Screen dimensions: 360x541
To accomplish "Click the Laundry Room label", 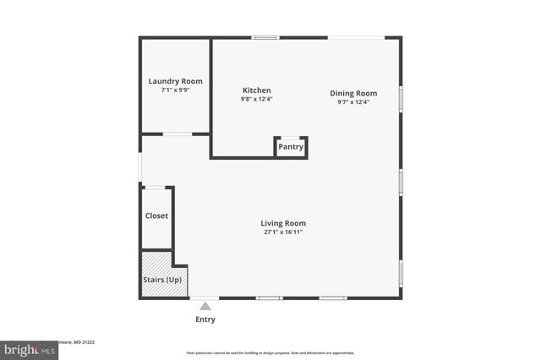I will [x=175, y=81].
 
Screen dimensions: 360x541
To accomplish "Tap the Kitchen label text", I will [x=256, y=90].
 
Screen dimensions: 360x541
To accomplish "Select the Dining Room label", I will [x=352, y=93].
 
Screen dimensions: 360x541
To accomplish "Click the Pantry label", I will [x=291, y=147].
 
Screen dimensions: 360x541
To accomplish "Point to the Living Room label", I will [x=282, y=223].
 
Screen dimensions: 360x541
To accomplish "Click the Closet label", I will [x=156, y=215].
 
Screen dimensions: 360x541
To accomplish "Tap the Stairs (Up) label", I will [x=163, y=279].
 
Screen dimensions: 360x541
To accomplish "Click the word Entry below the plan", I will [x=205, y=319].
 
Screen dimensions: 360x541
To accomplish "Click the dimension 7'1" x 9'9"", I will [x=175, y=90].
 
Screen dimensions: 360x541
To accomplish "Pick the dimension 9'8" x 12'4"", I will [x=256, y=99].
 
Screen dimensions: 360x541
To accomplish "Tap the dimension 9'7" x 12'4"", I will [x=352, y=101].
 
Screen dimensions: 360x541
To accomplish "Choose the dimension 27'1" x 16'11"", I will [x=282, y=232].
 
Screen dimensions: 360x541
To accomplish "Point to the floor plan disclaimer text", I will [x=270, y=353].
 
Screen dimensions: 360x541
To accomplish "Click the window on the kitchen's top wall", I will [x=265, y=37].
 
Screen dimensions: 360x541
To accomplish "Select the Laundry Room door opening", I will [x=177, y=134].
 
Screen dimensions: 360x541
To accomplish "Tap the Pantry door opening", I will [x=291, y=137].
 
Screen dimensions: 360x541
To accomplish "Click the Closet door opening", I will [x=156, y=188].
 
